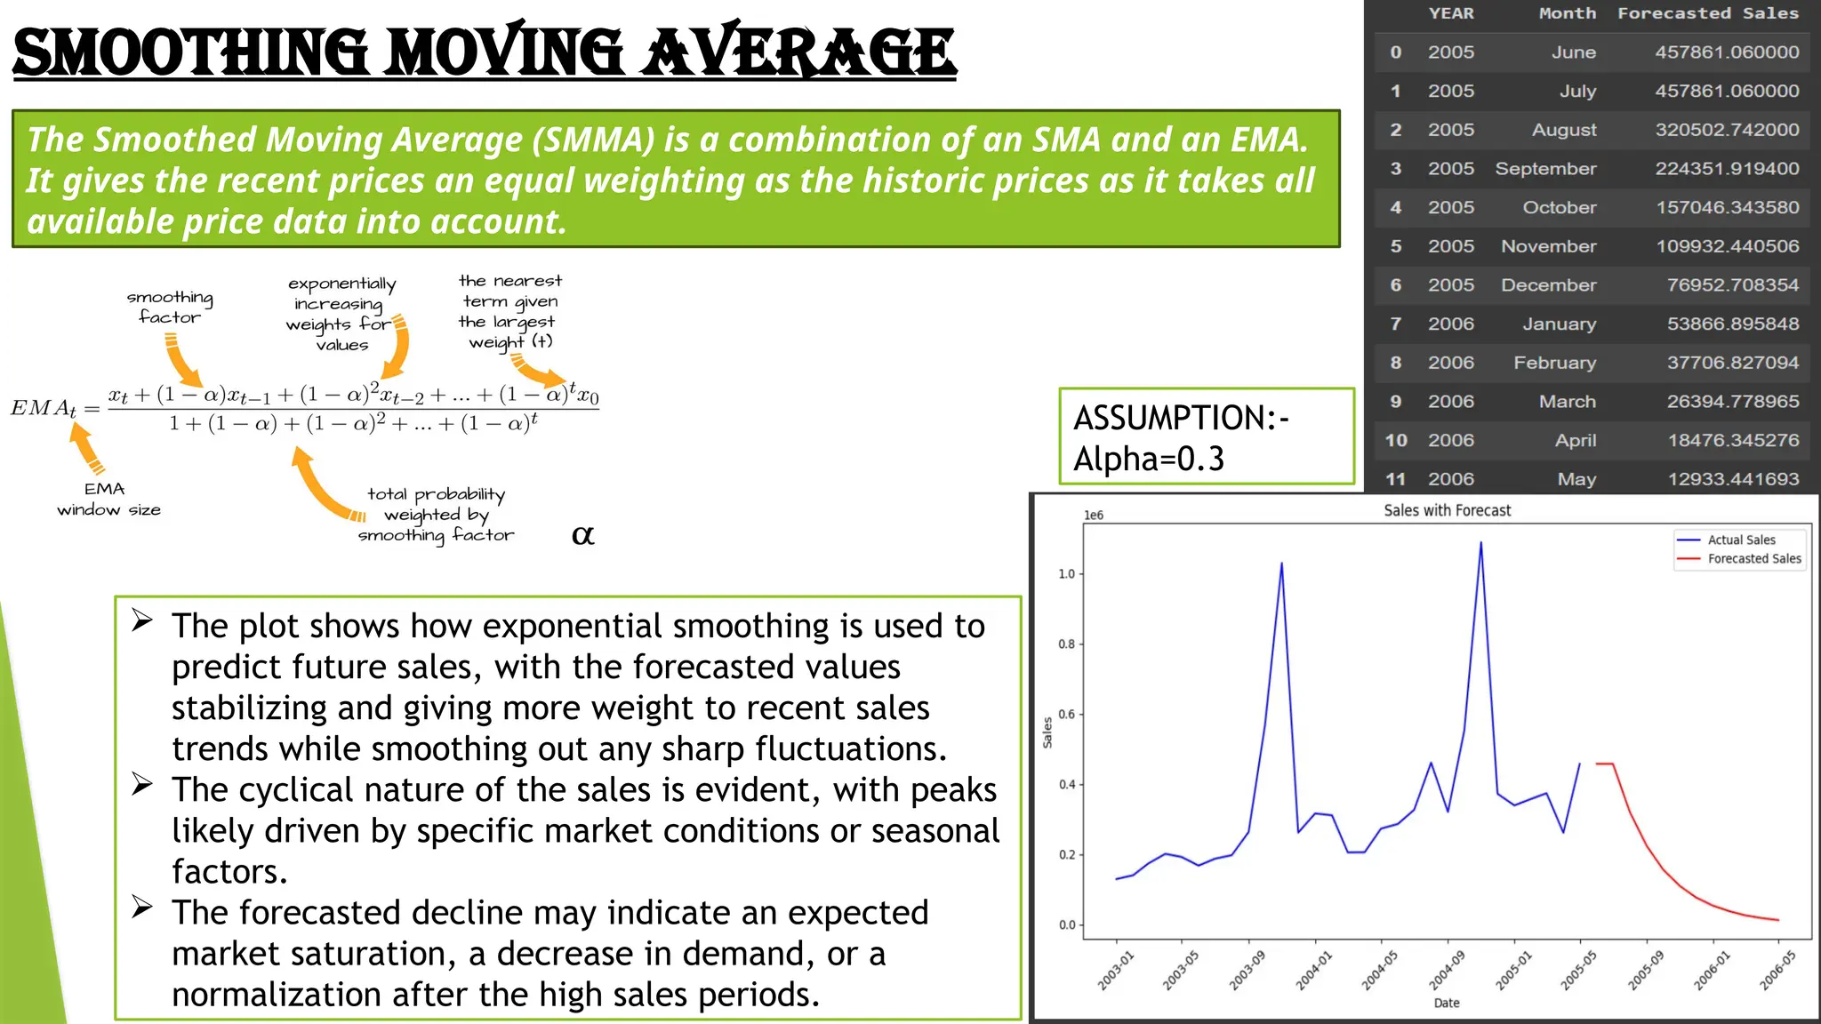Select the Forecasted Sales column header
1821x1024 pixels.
coord(1707,13)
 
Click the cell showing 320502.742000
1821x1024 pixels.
coord(1726,130)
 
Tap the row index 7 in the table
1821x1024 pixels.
coord(1395,324)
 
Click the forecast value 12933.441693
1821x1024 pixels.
coord(1732,479)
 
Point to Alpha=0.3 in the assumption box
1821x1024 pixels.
coord(1148,459)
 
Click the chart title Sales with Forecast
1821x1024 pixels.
coord(1447,510)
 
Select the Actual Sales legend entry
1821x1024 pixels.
coord(1740,540)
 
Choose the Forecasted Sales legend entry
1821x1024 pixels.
coord(1753,559)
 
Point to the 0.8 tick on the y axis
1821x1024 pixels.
coord(1066,644)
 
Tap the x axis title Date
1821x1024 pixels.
coord(1446,1003)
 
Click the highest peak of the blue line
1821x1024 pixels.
coord(1480,543)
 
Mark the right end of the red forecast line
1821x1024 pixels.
coord(1778,920)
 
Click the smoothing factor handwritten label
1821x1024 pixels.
coord(170,307)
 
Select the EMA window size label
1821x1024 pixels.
coord(108,500)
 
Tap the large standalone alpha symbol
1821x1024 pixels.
coord(582,535)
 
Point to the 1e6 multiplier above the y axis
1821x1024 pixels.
coord(1093,516)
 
